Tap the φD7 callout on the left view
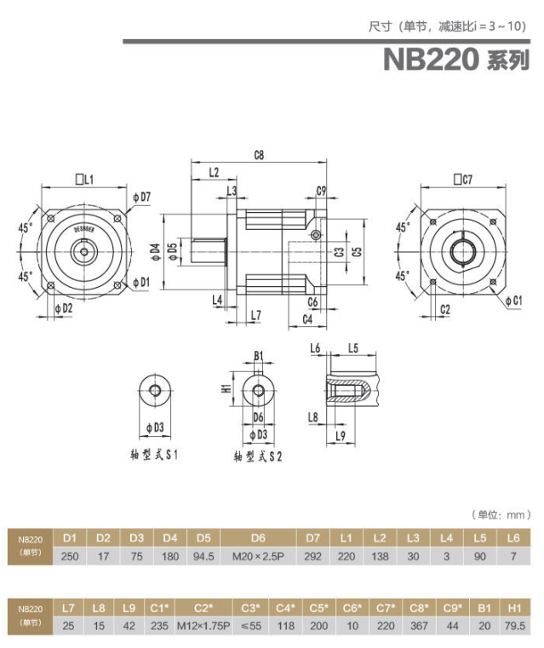(141, 198)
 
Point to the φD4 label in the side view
(155, 251)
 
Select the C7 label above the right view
(463, 180)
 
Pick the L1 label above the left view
(84, 180)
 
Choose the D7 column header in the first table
(312, 537)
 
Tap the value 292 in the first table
(312, 558)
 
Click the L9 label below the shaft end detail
(341, 437)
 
